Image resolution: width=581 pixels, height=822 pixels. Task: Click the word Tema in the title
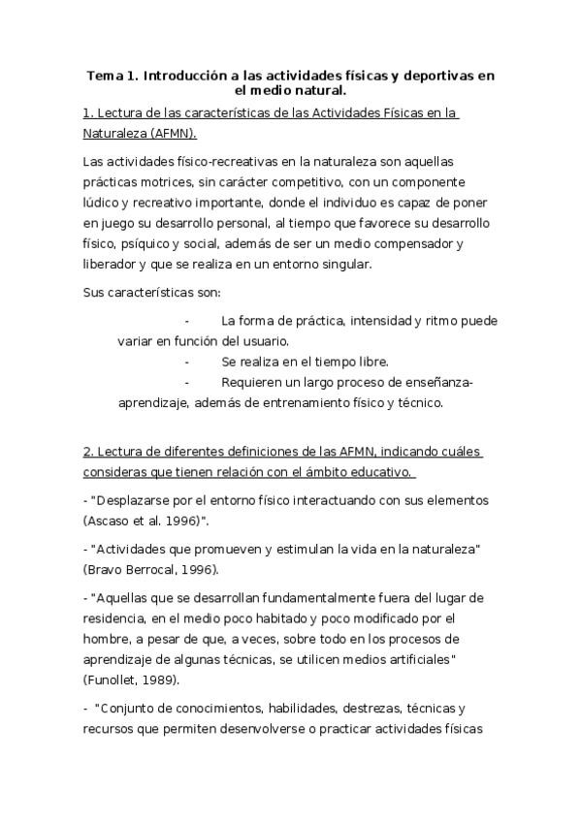(104, 75)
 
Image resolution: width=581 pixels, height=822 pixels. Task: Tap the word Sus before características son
(95, 292)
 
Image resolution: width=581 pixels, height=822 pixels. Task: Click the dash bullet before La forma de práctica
(186, 320)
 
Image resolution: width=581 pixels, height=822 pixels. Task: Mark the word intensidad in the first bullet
(381, 320)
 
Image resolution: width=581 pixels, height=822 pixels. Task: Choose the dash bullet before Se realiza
(186, 361)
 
